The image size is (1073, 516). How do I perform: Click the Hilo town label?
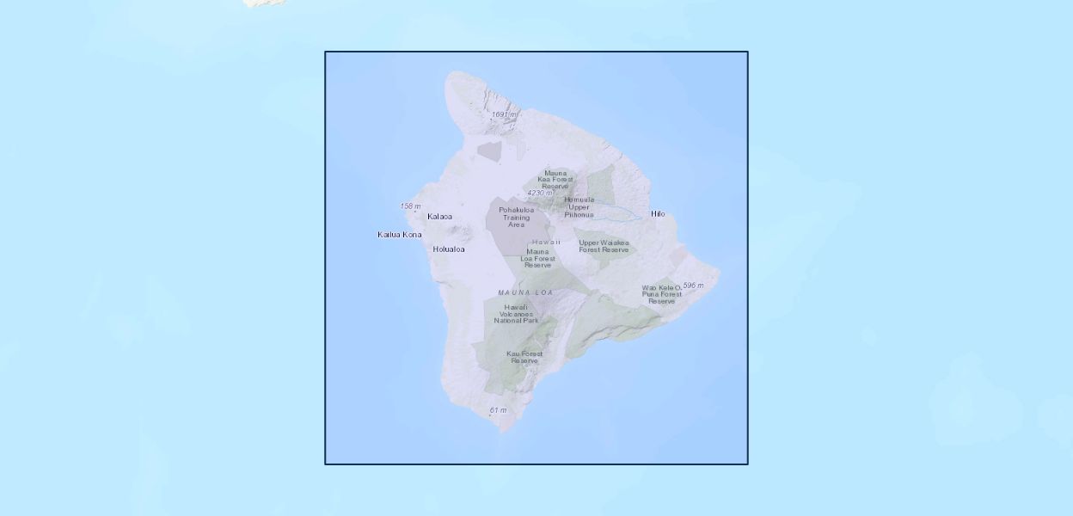(658, 214)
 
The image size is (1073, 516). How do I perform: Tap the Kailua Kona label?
(400, 235)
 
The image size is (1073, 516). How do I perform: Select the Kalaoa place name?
(439, 217)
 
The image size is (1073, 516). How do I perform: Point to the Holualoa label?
(449, 249)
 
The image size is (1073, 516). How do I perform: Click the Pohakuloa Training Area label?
(516, 217)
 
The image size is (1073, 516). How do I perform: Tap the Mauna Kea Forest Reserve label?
(555, 180)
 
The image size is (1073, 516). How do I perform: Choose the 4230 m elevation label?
(540, 193)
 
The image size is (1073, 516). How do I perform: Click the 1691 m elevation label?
(504, 114)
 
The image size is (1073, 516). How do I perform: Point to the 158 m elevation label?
(411, 206)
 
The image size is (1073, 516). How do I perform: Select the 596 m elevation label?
(693, 286)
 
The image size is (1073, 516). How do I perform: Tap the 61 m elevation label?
(498, 410)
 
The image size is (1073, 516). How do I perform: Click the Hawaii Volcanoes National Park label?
(517, 314)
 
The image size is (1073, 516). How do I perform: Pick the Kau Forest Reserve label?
(524, 357)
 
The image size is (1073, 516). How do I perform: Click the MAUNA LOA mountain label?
(525, 293)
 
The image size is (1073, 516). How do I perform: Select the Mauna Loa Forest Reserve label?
(538, 258)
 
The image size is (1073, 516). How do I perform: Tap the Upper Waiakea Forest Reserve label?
(604, 246)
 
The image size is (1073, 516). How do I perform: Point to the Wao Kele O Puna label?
(661, 294)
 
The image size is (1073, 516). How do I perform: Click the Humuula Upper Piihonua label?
(579, 206)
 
